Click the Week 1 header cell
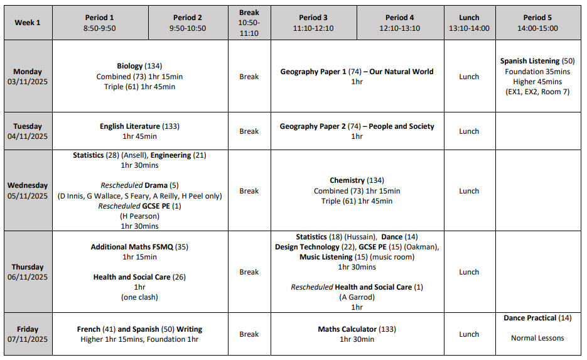click(x=28, y=23)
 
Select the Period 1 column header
click(x=99, y=23)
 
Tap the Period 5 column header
click(x=537, y=23)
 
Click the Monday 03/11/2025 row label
click(x=28, y=77)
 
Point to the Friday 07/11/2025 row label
click(x=28, y=334)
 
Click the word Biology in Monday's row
click(x=130, y=66)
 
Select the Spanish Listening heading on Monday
click(x=530, y=61)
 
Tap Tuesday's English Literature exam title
click(x=130, y=126)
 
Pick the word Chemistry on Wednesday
click(x=347, y=181)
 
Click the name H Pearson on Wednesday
click(x=139, y=216)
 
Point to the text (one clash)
click(x=139, y=297)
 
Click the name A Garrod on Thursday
click(x=357, y=297)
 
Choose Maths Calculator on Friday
click(x=347, y=329)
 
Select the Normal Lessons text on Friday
click(x=537, y=338)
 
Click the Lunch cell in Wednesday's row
click(x=469, y=191)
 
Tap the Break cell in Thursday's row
click(x=249, y=272)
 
